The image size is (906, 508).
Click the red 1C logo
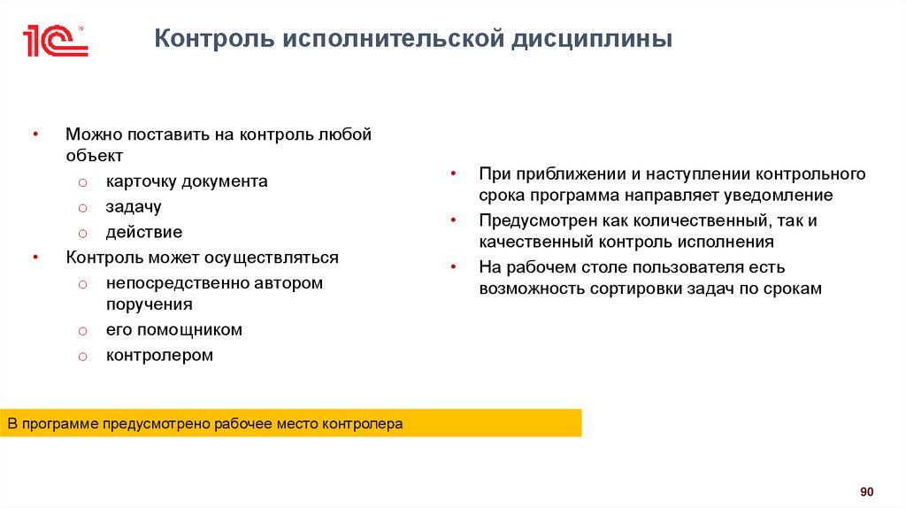[x=55, y=41]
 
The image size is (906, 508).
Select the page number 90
[x=866, y=492]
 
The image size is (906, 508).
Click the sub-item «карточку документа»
[x=187, y=181]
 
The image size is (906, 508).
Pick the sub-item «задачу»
[x=134, y=207]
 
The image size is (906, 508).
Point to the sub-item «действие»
[x=144, y=233]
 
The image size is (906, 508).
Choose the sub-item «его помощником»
[x=174, y=330]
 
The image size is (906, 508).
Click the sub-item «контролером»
[x=160, y=356]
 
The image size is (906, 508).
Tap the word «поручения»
[x=150, y=304]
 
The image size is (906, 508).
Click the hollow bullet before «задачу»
[x=81, y=208]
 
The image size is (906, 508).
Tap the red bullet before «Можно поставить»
[x=35, y=135]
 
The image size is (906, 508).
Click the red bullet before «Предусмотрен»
[x=452, y=220]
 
